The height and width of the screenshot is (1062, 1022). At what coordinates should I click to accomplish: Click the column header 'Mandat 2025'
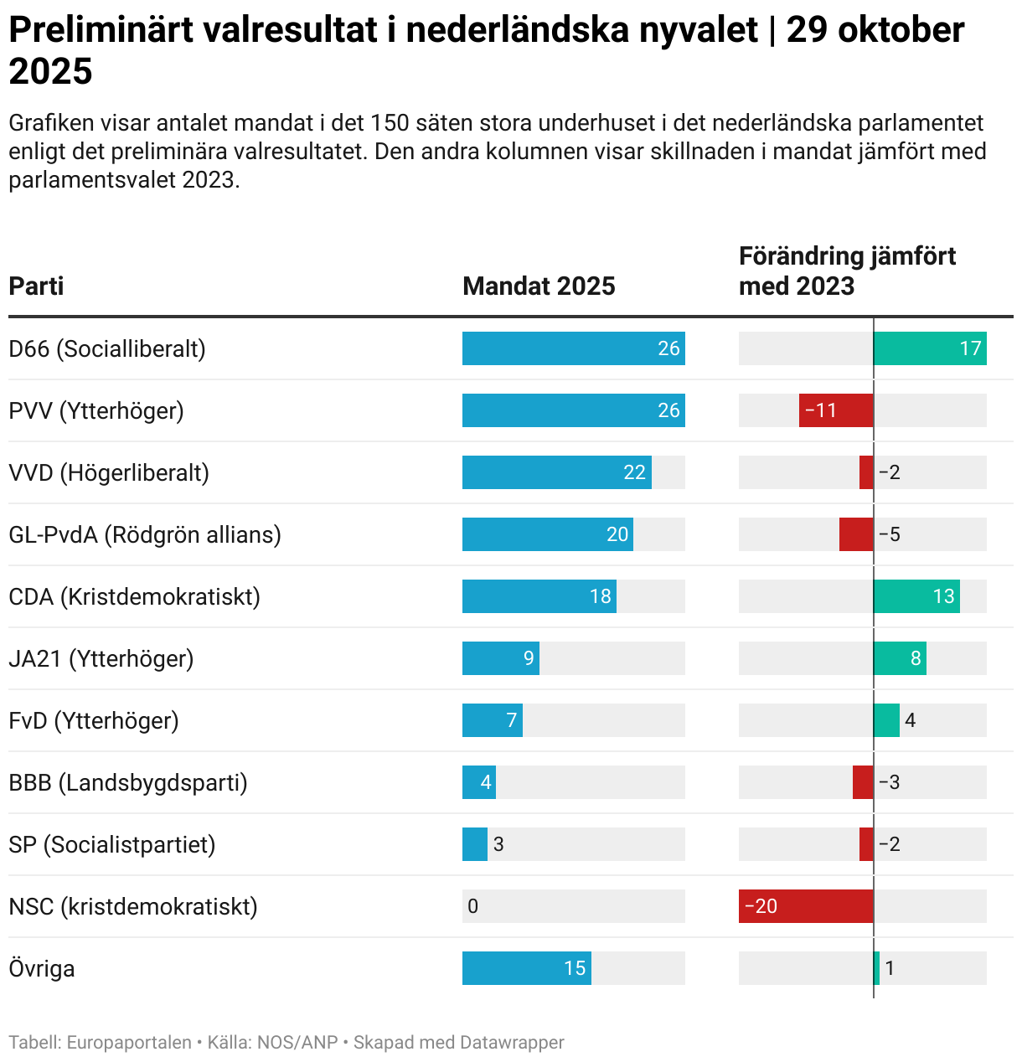(539, 286)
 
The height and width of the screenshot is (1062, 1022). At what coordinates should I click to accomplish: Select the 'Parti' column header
(36, 286)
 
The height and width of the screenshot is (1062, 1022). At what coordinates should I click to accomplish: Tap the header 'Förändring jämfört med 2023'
(846, 271)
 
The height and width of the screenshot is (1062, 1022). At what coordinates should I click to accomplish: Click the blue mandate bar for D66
(573, 348)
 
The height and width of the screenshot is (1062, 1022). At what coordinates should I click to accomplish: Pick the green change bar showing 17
(930, 348)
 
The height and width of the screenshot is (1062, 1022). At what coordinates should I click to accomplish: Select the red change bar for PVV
(836, 410)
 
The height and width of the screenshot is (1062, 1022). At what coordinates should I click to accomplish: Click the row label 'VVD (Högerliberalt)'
(109, 472)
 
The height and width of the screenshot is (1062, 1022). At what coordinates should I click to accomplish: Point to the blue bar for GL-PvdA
(547, 534)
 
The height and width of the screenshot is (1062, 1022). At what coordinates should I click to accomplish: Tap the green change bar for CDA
(916, 596)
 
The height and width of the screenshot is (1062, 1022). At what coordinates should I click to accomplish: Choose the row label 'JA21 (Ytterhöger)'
(101, 658)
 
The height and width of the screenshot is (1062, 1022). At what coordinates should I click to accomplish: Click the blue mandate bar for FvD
(492, 720)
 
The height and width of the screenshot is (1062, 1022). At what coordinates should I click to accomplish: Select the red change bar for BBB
(863, 782)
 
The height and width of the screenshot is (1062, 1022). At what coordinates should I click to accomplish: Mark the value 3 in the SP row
(498, 844)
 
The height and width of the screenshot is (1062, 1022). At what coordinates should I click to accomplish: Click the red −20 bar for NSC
(806, 906)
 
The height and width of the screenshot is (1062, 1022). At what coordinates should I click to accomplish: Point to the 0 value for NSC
(472, 906)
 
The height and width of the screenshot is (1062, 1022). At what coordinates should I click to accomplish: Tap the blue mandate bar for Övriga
(526, 968)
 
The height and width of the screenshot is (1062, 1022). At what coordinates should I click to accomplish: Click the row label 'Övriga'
(42, 968)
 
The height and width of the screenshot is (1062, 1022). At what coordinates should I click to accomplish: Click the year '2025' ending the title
(50, 72)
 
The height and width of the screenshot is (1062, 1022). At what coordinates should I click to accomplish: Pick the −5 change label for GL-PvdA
(890, 534)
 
